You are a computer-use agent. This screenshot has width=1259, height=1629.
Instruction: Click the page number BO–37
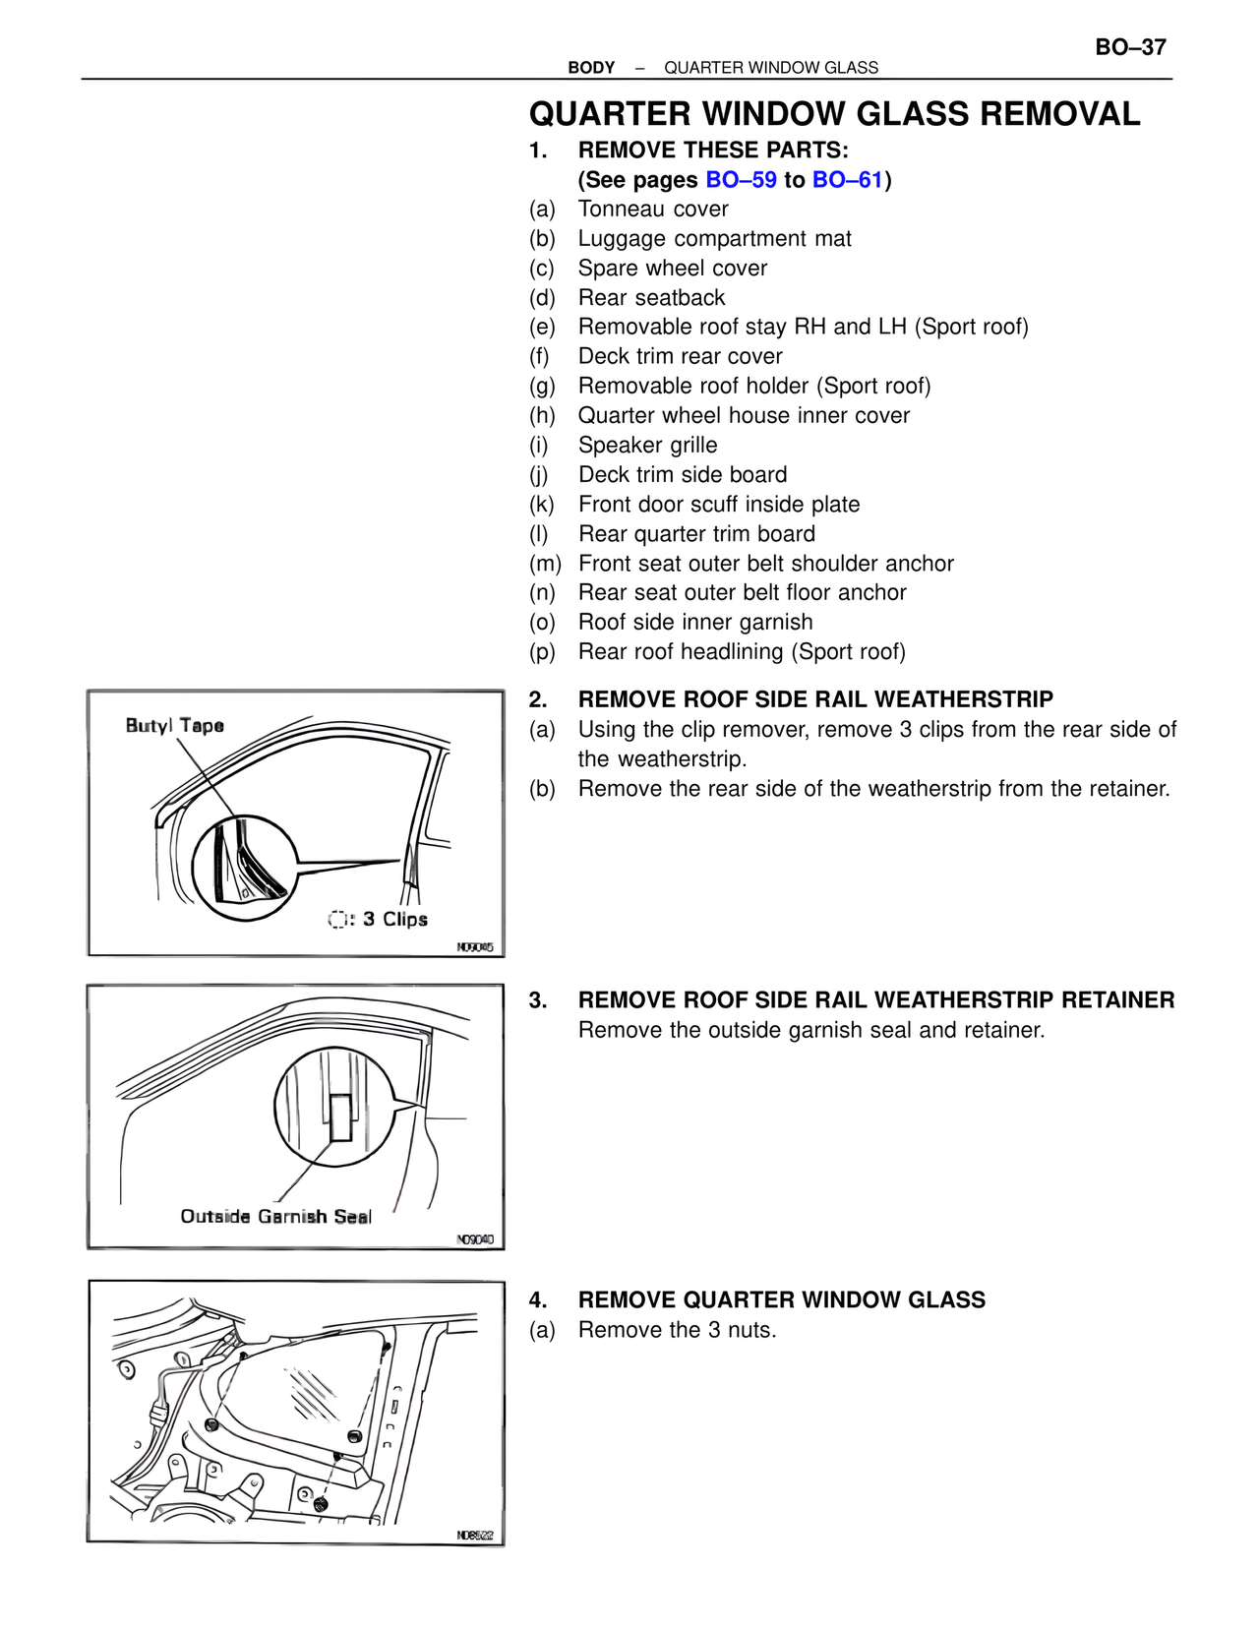[1130, 47]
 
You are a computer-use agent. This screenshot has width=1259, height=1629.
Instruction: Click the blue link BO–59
[741, 180]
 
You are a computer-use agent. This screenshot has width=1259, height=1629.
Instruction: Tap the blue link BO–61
[847, 180]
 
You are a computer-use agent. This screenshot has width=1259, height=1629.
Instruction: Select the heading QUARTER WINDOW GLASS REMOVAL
[834, 114]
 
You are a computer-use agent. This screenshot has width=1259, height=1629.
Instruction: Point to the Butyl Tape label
[174, 726]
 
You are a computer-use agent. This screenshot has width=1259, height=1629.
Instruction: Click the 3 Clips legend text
[394, 919]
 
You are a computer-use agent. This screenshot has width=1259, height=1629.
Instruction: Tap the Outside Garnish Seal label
[275, 1217]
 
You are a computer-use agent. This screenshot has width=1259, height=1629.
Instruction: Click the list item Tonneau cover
[652, 210]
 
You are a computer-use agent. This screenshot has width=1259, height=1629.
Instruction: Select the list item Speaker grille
[647, 446]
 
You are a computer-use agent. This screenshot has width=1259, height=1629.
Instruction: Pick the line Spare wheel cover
[672, 269]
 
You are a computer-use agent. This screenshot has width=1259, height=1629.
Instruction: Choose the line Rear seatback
[651, 298]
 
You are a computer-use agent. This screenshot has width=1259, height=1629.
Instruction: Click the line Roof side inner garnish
[694, 623]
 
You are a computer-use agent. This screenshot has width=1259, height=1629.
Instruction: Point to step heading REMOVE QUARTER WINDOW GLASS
[781, 1300]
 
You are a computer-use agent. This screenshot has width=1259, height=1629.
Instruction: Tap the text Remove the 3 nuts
[677, 1330]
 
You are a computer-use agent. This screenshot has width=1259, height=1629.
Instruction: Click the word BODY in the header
[591, 68]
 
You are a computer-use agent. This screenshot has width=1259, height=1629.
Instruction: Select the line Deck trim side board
[682, 475]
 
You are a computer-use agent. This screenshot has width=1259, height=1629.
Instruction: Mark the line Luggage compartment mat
[714, 239]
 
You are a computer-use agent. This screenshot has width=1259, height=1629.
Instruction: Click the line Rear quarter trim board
[696, 534]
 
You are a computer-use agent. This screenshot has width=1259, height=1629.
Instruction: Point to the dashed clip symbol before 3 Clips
[337, 919]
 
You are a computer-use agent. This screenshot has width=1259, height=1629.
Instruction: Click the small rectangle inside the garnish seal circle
[341, 1117]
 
